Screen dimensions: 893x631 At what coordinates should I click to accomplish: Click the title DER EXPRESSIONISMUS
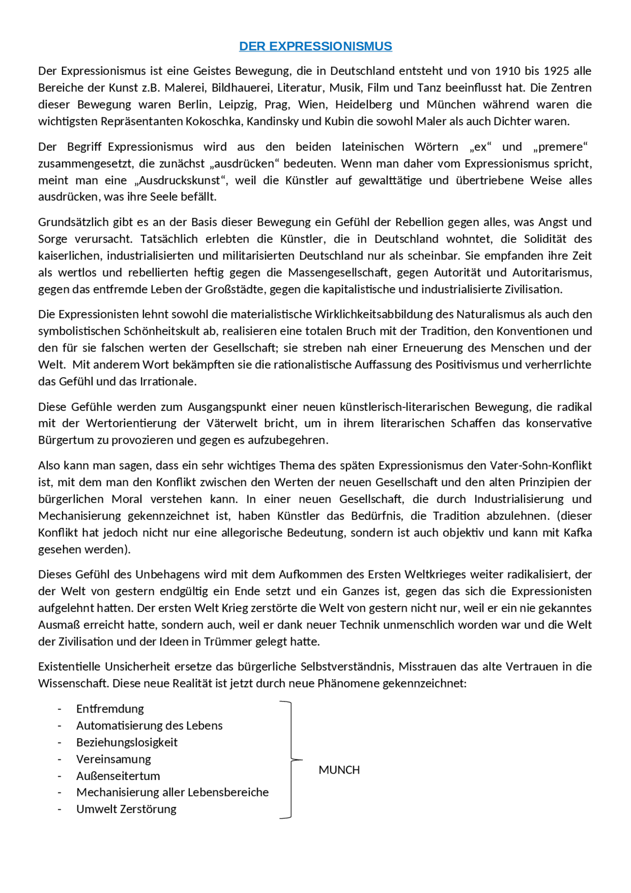(x=315, y=46)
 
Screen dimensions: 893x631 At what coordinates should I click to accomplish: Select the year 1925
(x=557, y=71)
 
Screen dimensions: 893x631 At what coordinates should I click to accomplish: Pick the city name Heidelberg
(x=364, y=105)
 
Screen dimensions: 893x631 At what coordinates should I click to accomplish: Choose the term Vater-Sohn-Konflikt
(x=541, y=465)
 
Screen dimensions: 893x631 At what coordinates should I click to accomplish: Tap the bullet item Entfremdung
(x=110, y=709)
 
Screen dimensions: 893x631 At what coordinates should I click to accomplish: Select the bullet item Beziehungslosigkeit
(x=127, y=743)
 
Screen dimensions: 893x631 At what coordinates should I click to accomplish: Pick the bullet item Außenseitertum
(x=118, y=776)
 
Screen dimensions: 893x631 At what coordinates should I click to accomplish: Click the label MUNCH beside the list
(x=339, y=770)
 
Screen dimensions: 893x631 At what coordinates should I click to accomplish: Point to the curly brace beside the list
(x=291, y=760)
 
